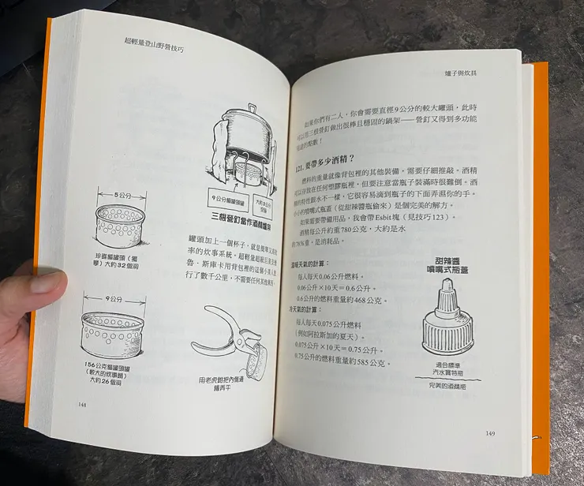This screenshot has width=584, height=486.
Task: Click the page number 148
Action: [83, 405]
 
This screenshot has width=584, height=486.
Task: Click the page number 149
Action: [490, 432]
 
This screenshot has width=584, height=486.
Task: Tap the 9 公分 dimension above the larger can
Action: [116, 299]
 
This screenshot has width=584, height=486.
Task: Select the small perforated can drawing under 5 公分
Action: [123, 222]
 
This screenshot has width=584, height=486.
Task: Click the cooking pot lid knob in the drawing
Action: [251, 108]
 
